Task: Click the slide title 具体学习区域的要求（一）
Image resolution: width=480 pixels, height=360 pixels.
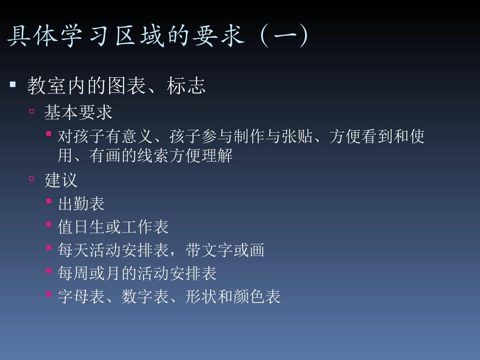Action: click(x=158, y=37)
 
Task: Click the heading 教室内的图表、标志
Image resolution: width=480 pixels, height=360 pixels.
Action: click(x=116, y=86)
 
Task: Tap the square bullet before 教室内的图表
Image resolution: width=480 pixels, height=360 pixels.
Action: click(x=13, y=84)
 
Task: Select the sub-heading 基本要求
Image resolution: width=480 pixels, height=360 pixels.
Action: click(x=78, y=112)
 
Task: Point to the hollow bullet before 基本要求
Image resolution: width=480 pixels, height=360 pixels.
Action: click(x=32, y=111)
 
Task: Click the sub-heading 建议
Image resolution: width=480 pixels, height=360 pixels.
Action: click(x=61, y=180)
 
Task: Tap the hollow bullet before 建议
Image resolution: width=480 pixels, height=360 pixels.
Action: click(x=32, y=179)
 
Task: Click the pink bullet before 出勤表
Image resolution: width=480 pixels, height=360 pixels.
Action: click(x=49, y=201)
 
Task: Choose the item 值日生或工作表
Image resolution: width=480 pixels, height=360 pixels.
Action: click(x=113, y=227)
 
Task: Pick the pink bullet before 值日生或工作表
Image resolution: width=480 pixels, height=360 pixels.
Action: click(x=49, y=225)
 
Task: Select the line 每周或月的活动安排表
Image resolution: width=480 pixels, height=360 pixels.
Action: click(x=137, y=274)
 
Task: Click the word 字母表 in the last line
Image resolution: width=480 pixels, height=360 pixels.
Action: click(x=81, y=297)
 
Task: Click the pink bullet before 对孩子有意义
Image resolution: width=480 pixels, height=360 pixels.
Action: click(x=49, y=134)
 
